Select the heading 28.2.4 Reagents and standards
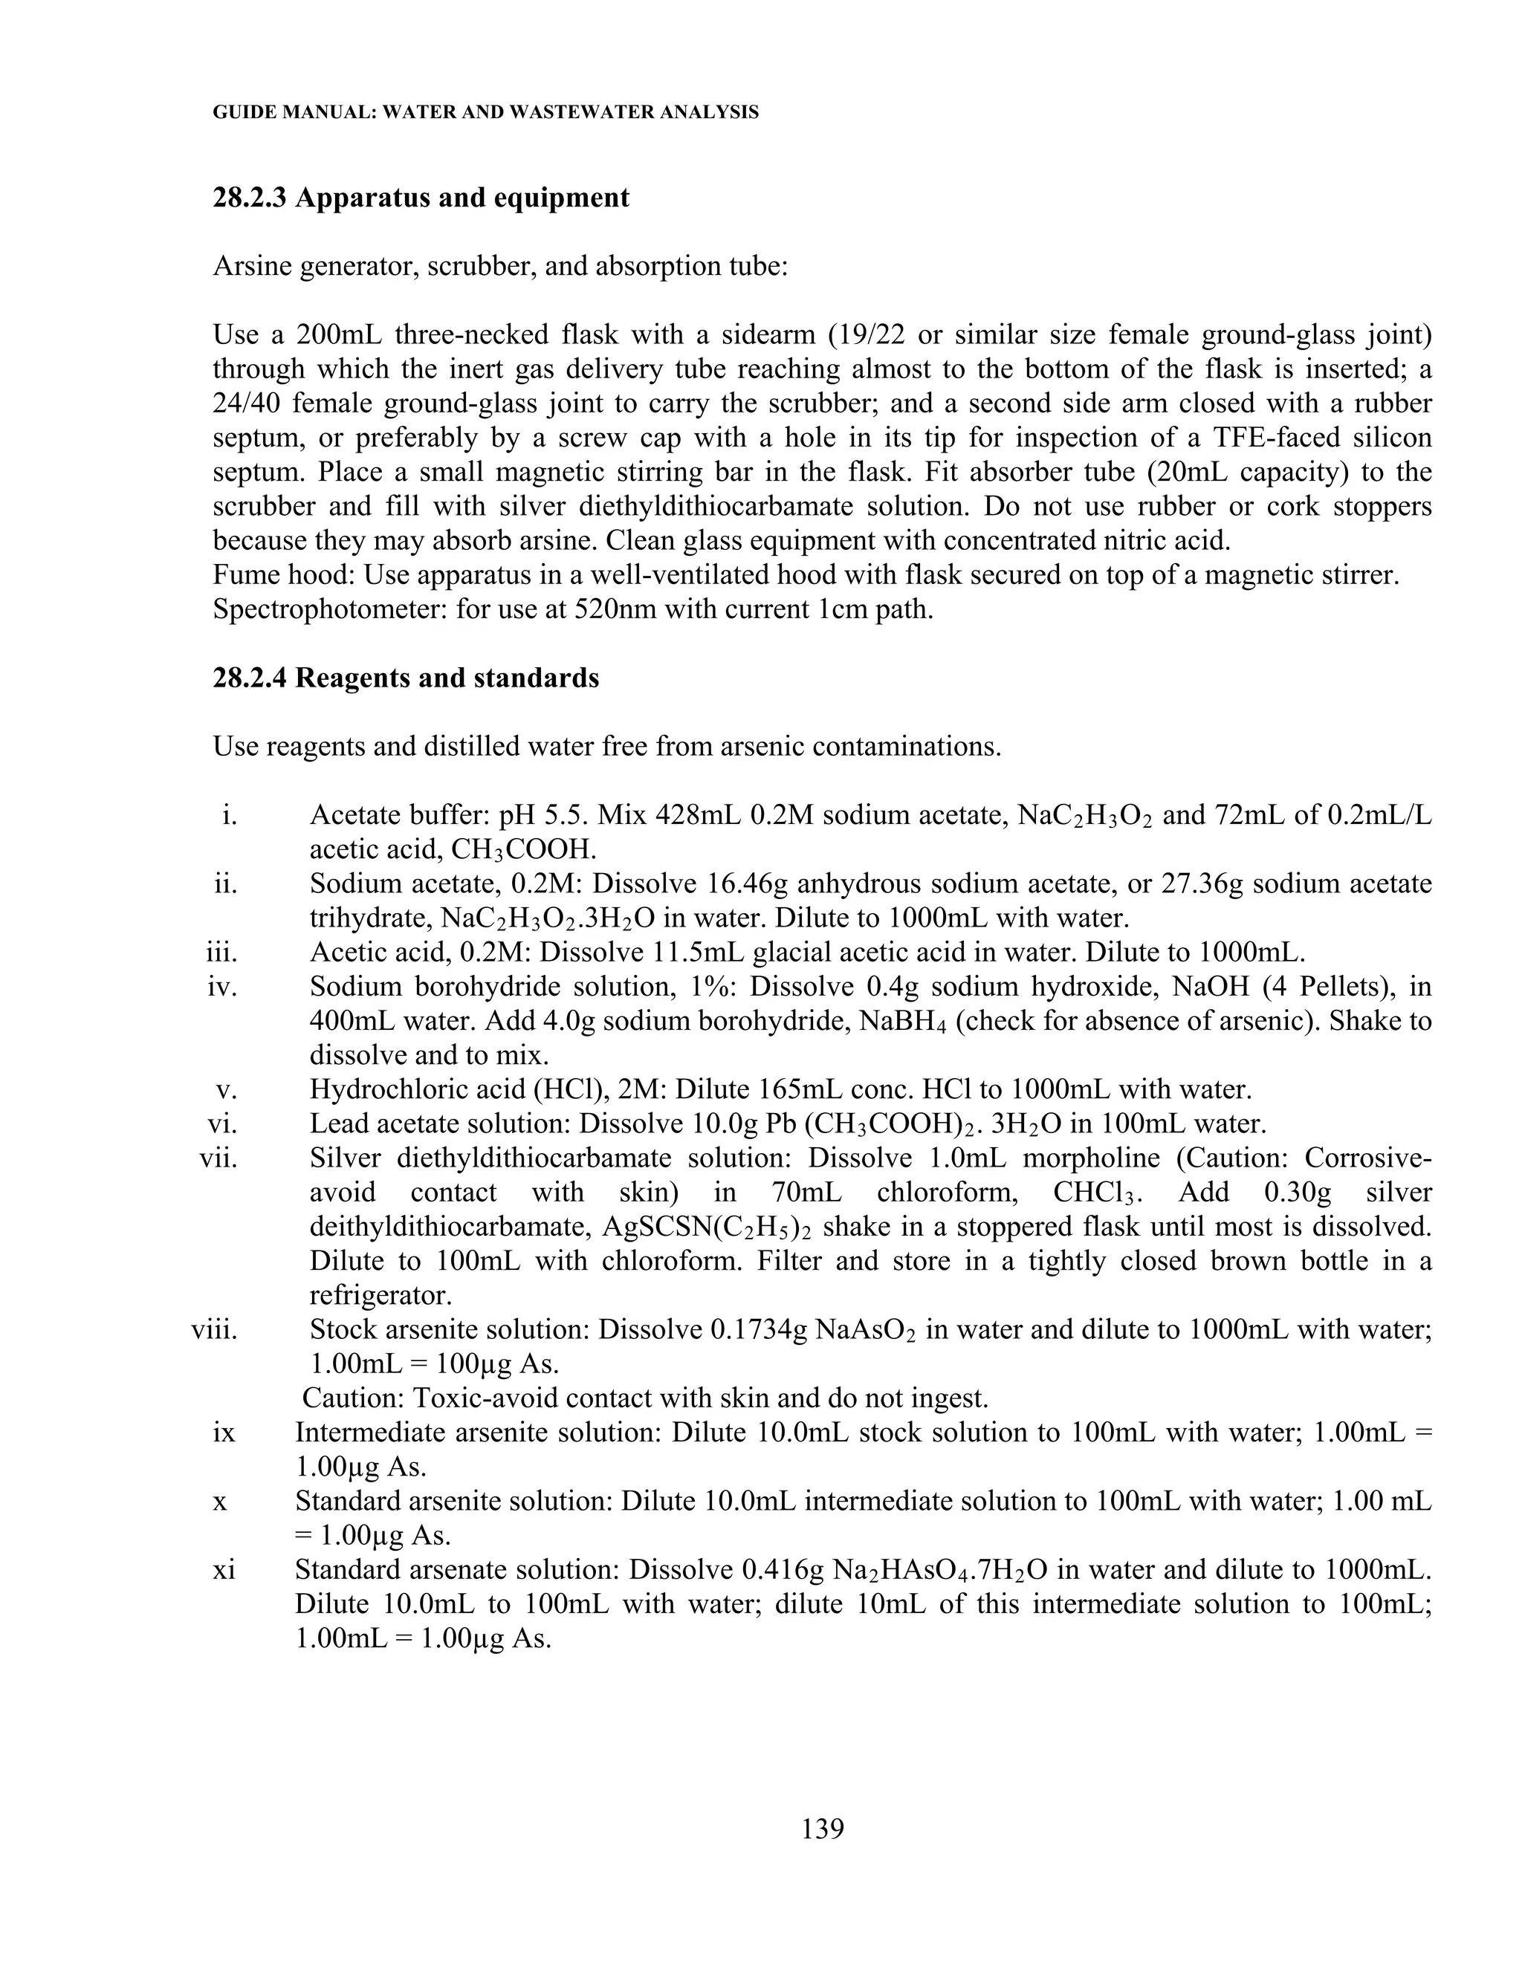(x=406, y=677)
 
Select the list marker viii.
(x=215, y=1330)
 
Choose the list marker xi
(x=224, y=1569)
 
